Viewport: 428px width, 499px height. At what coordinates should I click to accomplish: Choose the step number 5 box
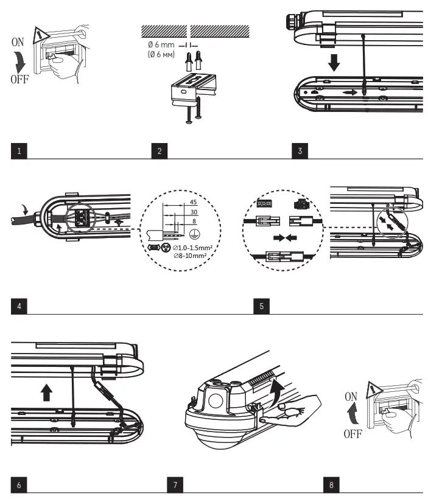tap(261, 305)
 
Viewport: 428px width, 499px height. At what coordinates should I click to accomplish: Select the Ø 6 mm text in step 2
tap(161, 46)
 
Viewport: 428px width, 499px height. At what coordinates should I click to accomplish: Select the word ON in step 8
tap(351, 396)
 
